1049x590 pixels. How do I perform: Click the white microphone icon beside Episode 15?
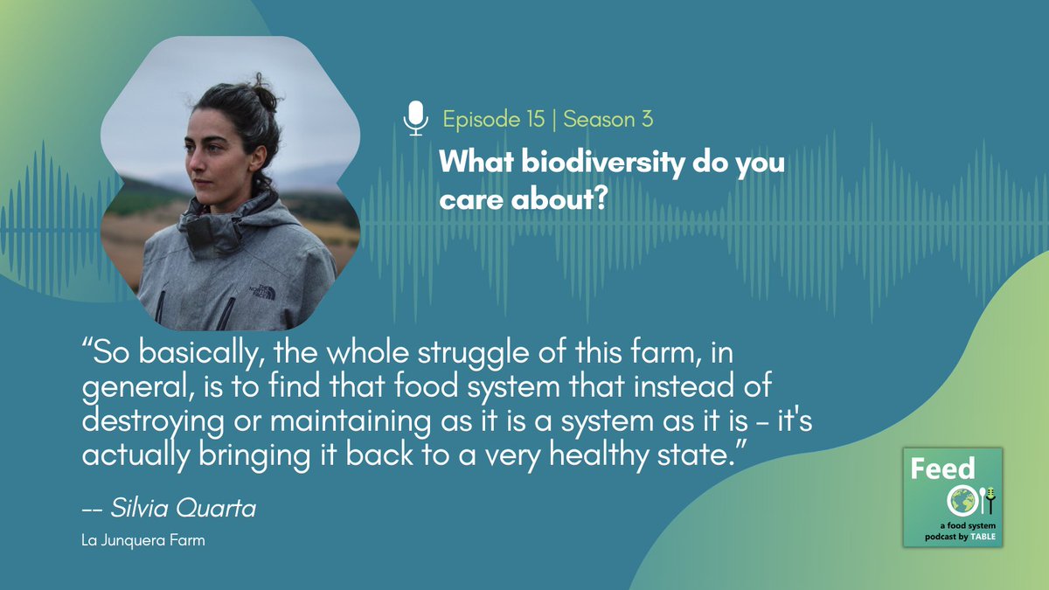click(x=416, y=118)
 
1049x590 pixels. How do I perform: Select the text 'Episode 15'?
click(x=492, y=119)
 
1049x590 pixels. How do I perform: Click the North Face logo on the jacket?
click(x=263, y=288)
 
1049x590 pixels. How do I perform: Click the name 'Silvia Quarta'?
click(x=184, y=509)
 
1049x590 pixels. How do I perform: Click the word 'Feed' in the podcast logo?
click(x=942, y=470)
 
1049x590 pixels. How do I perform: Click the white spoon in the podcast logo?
click(x=979, y=500)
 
